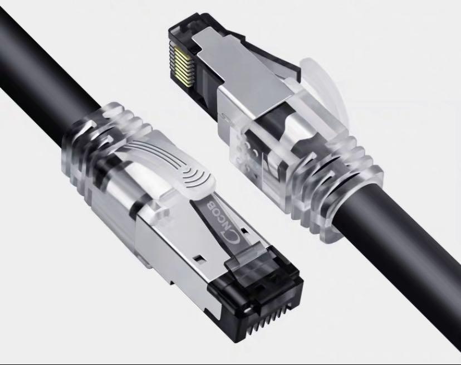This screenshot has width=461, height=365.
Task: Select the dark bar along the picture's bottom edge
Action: (230, 362)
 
